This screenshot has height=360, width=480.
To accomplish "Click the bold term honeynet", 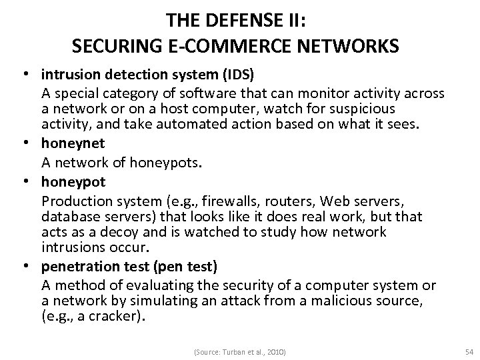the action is coord(69,142).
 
